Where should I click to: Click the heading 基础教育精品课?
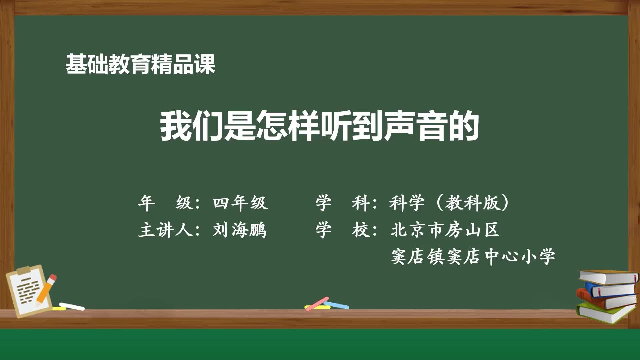pos(140,64)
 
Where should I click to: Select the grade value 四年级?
pos(240,203)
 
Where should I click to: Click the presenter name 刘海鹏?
pos(240,230)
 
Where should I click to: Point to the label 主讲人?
pos(166,230)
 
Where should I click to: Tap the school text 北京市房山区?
pos(445,230)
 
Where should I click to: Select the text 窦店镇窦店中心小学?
pos(473,257)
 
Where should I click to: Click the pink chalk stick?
pos(317,304)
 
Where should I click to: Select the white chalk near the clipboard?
pos(72,306)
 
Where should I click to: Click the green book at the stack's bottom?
pos(603,313)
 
